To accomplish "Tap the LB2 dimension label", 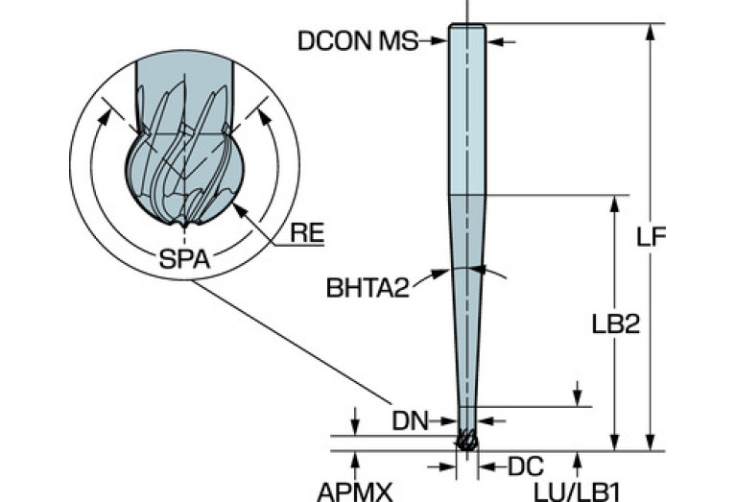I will pos(615,324).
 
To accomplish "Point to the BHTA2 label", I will pos(367,285).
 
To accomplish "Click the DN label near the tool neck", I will pos(409,419).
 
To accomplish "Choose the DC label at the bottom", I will pos(525,466).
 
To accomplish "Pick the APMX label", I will pos(355,490).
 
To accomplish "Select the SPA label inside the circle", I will pos(183,258).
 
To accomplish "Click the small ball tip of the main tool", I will pos(466,441).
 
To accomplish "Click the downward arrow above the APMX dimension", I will pos(355,428).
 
